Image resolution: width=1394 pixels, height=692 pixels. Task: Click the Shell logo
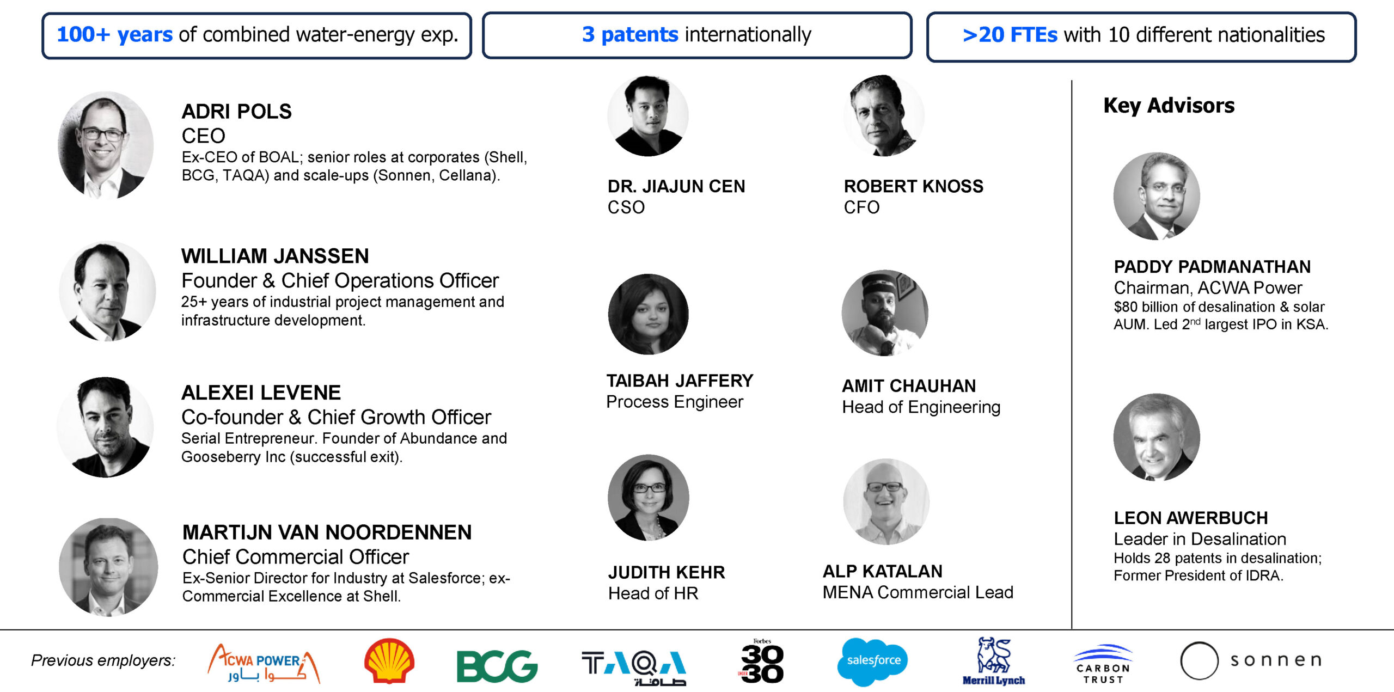point(389,660)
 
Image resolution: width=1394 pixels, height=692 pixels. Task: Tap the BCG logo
point(497,666)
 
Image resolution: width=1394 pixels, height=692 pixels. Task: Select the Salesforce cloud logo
point(873,662)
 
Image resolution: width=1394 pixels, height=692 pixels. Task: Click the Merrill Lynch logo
point(994,661)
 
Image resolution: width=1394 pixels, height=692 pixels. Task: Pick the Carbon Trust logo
point(1103,664)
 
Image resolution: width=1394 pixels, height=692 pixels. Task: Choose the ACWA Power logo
point(264,663)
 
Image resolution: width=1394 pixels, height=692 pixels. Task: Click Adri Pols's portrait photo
point(106,145)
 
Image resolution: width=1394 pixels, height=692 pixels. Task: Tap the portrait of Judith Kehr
point(648,497)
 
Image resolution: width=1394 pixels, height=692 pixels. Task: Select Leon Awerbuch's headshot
point(1157,437)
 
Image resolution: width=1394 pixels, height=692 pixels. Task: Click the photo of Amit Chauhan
point(885,313)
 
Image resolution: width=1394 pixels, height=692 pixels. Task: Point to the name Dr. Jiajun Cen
point(676,186)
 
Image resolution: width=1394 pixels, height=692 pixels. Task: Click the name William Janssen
point(275,256)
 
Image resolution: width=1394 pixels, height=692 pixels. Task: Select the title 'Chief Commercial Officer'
point(296,556)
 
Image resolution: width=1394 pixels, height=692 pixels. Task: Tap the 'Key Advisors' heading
point(1169,106)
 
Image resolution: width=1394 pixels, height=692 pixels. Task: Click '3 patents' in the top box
point(630,35)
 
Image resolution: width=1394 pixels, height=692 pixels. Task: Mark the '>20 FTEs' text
point(1010,35)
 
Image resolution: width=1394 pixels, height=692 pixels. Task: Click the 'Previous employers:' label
point(103,660)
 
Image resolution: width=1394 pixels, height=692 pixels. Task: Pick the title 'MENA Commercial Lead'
point(918,592)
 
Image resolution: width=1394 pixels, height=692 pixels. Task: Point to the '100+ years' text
point(115,34)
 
